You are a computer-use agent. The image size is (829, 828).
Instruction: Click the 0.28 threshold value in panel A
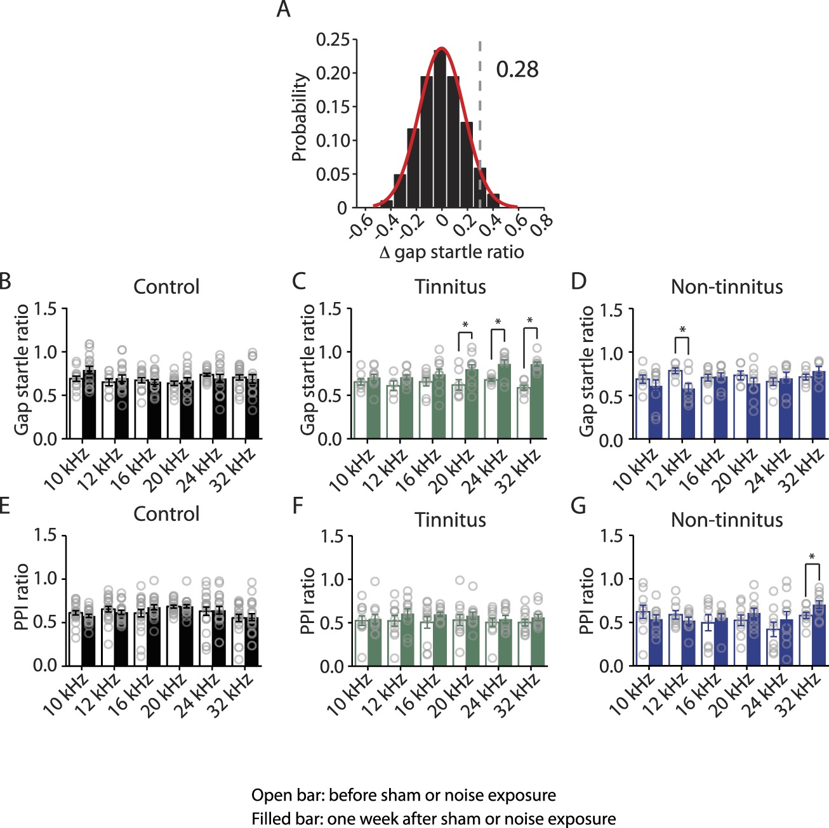pos(517,70)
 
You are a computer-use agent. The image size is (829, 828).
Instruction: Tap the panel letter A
pos(284,10)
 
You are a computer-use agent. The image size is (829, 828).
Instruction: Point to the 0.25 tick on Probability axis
pos(333,40)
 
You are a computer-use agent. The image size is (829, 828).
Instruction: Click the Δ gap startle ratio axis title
pos(451,253)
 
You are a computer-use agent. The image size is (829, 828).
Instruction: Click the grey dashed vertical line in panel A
pos(480,114)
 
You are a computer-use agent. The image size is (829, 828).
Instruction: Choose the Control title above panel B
pos(166,287)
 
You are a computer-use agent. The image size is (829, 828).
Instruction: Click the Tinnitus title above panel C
pos(450,287)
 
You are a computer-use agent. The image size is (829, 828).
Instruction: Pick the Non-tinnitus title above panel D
pos(727,287)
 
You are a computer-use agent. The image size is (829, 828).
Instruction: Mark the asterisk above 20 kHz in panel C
pos(465,325)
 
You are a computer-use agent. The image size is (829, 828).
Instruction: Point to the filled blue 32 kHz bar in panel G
pos(819,634)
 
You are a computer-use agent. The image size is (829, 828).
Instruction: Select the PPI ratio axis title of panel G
pos(587,600)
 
